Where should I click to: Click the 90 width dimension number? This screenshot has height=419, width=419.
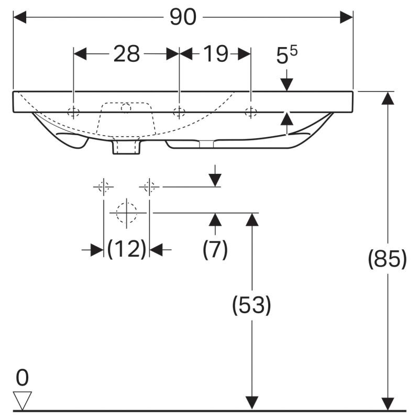183,17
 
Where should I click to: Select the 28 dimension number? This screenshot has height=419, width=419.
127,54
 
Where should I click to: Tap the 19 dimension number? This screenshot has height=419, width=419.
216,54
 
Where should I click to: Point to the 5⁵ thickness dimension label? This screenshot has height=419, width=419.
286,55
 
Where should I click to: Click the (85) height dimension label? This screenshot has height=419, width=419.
387,259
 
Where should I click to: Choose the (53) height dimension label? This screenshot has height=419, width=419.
251,305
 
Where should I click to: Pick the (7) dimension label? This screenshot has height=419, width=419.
215,249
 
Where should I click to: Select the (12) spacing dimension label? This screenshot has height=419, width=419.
127,249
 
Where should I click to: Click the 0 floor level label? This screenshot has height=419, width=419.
22,378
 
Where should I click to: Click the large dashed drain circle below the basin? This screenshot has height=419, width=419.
126,213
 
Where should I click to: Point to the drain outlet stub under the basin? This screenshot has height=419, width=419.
126,147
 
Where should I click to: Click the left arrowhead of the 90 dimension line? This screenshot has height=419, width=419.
20,17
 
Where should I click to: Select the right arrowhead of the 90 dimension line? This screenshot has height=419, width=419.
346,17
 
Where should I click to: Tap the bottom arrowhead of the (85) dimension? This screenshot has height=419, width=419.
388,403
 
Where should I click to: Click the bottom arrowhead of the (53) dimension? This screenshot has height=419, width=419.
252,403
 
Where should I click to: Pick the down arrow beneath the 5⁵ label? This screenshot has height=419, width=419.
286,80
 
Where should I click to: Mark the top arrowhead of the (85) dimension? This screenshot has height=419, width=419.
388,98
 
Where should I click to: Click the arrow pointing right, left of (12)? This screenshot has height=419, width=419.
93,250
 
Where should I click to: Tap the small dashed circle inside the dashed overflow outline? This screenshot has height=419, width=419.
126,108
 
